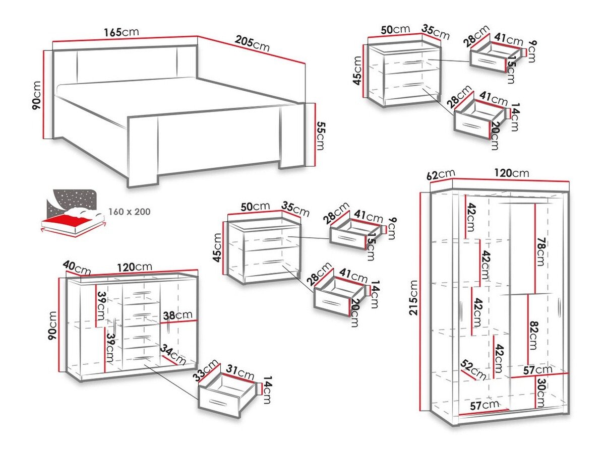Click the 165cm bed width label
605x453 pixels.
(x=121, y=32)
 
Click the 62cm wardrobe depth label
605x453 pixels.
(x=440, y=175)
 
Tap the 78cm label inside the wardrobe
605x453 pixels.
(x=541, y=250)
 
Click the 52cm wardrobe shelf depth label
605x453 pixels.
(x=473, y=370)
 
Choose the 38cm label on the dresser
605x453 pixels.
(x=176, y=315)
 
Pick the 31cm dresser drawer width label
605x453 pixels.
(x=239, y=374)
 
